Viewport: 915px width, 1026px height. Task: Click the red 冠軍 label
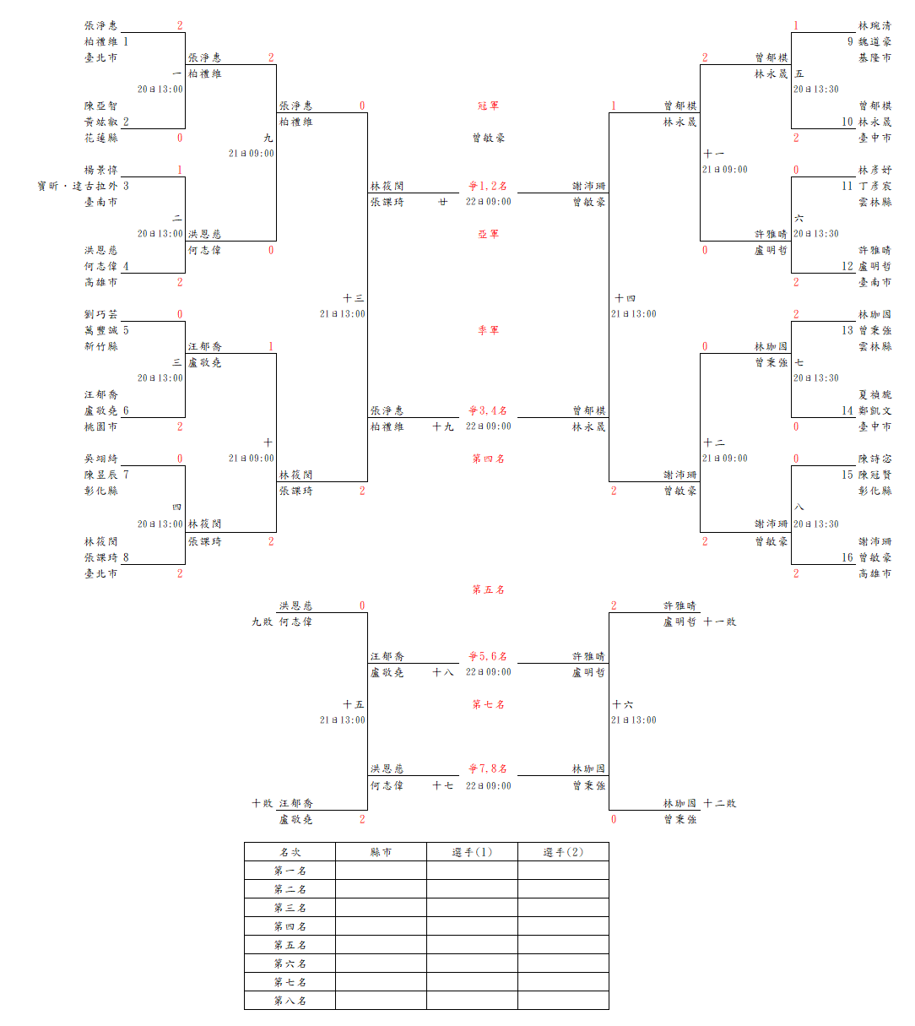tap(488, 106)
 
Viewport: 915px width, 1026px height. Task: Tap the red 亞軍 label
tap(488, 234)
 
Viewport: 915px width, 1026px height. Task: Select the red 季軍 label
tap(488, 330)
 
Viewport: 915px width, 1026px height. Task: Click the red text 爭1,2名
tap(488, 186)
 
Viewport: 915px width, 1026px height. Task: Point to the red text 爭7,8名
tap(488, 768)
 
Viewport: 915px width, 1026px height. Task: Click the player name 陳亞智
tap(100, 106)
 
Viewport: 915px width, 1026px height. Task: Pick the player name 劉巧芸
tap(100, 314)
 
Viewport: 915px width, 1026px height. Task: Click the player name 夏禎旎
tap(874, 394)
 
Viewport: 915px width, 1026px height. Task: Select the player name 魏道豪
tap(874, 41)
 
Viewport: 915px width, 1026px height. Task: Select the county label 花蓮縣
tap(100, 138)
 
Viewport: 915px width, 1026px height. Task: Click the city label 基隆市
tap(874, 57)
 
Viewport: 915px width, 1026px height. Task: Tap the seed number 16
tap(847, 557)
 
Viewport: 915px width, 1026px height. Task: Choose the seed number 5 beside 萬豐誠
tap(126, 330)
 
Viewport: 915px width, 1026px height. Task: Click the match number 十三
tap(354, 298)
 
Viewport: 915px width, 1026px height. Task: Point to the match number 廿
tap(442, 202)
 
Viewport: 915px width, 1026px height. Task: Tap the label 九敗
tap(262, 622)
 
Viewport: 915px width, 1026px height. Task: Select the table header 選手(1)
tap(472, 852)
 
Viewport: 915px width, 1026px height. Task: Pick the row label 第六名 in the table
tap(290, 964)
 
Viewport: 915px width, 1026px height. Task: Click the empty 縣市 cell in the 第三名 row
tap(381, 908)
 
